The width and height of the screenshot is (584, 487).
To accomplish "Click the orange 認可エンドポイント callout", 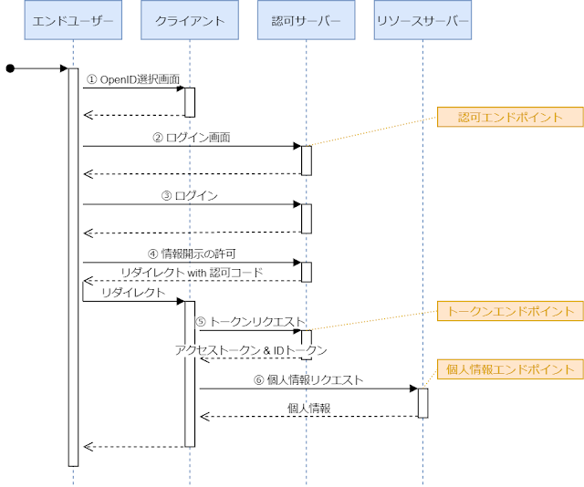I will click(510, 117).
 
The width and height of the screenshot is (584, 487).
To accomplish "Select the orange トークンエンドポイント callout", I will click(510, 311).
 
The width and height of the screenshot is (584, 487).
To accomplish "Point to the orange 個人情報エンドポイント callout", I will click(510, 369).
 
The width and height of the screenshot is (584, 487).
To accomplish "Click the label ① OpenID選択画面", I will click(133, 80).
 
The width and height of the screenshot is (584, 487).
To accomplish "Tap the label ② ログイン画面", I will click(192, 139).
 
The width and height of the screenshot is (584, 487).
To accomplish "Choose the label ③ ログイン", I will click(192, 196).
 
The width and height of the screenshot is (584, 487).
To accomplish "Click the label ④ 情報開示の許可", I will click(192, 254).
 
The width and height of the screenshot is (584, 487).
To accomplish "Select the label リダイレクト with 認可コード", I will click(192, 273).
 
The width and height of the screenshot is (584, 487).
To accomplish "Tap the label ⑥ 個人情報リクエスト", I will click(308, 379).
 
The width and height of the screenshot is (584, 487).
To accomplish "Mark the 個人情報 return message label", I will click(308, 408).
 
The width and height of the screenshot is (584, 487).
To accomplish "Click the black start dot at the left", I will click(10, 68).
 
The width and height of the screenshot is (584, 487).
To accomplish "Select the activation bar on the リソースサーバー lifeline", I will click(423, 403).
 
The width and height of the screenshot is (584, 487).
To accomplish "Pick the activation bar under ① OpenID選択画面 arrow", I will click(190, 102).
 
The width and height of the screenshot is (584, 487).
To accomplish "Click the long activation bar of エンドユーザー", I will click(73, 274).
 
